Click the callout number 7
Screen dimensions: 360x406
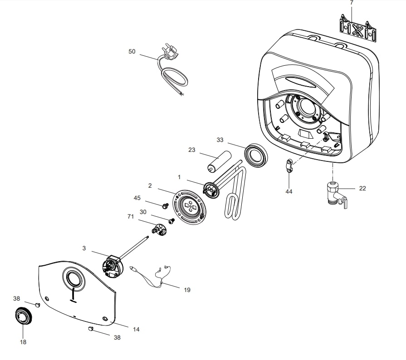[352, 3]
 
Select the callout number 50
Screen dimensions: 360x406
[132, 52]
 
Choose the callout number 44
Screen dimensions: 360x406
[289, 191]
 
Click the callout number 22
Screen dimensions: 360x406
[362, 188]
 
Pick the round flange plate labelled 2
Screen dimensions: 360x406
[190, 207]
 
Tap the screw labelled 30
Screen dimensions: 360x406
[171, 221]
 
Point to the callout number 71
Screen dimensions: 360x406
[131, 218]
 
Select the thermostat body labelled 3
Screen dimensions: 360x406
[112, 266]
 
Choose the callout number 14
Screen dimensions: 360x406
[136, 330]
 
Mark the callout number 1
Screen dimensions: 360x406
[179, 176]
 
